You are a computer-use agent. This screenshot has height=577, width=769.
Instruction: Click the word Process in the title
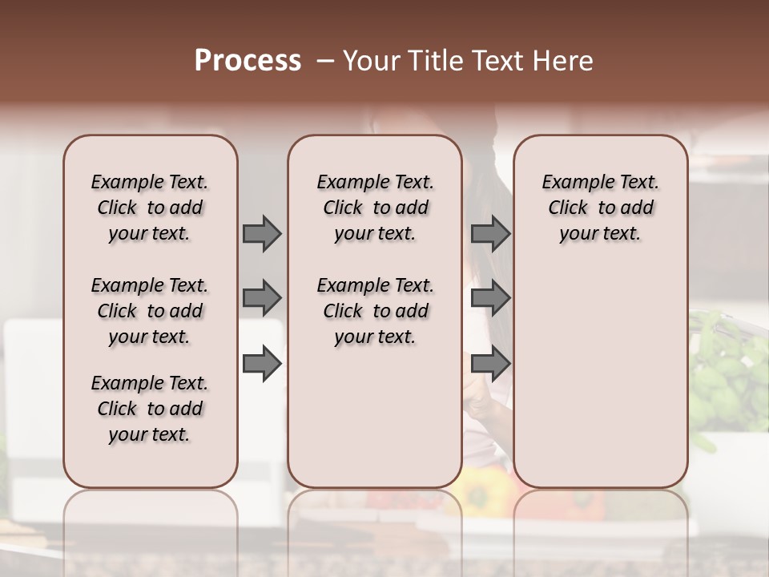248,61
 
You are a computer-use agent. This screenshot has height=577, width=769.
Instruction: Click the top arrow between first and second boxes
262,233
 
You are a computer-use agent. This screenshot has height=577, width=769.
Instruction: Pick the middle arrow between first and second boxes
262,298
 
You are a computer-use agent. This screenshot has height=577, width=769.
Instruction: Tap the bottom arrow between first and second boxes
262,364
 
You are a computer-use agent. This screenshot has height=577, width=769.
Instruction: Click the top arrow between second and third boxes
490,233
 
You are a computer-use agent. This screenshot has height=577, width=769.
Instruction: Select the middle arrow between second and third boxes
490,298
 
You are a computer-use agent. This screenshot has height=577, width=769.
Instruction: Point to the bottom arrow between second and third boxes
490,364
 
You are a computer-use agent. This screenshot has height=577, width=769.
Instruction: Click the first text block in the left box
150,208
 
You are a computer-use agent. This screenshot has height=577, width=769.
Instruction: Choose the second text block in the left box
150,311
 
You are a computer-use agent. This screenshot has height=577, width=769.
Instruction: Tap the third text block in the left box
150,409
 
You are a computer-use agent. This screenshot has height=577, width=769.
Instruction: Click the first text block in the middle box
375,208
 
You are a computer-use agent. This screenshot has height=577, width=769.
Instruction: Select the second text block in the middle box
375,311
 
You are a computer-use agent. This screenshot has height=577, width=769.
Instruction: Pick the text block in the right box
600,208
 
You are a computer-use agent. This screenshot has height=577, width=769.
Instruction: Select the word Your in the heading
371,61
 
